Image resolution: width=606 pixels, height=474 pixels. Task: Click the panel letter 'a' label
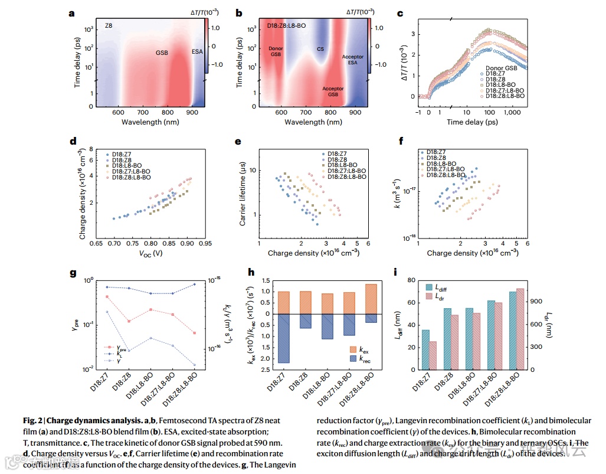[x=72, y=12]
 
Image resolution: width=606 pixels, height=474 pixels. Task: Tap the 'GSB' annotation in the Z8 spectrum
[x=162, y=53]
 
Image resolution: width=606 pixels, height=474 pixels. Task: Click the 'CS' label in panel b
[x=320, y=50]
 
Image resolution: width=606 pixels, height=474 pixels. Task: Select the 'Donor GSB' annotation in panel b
[x=276, y=51]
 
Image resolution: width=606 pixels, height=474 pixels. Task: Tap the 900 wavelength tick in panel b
[x=355, y=112]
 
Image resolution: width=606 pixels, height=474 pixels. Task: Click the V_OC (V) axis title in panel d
[x=152, y=253]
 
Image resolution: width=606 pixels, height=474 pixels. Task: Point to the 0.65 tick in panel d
[x=96, y=243]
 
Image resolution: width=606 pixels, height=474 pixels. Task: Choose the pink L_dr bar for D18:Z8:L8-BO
[x=520, y=329]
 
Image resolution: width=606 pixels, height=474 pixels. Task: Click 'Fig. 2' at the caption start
[x=32, y=421]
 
